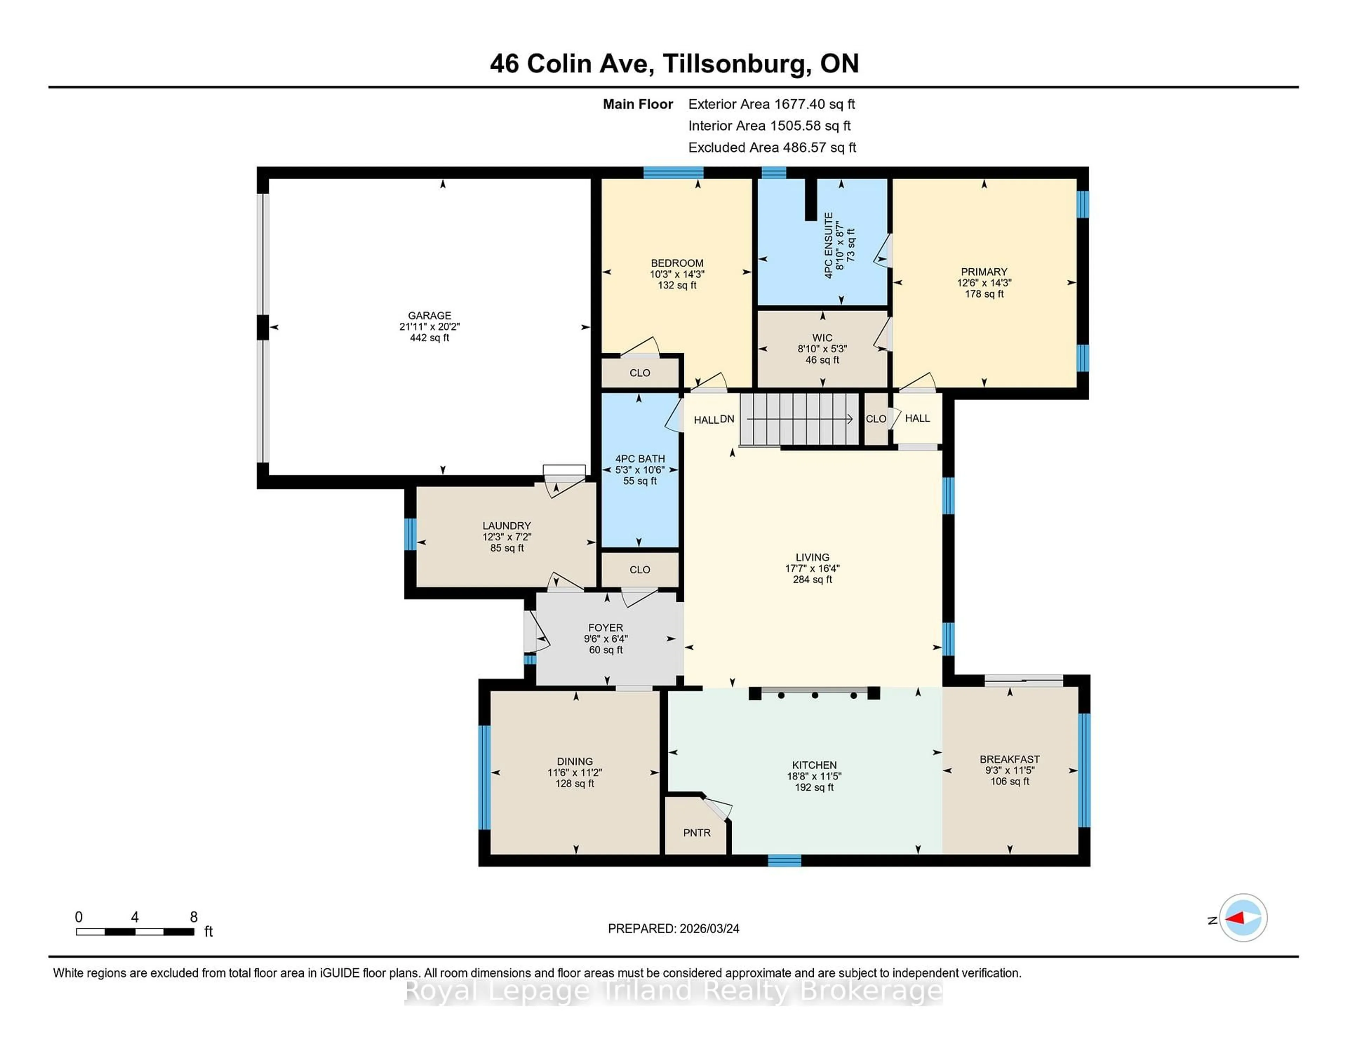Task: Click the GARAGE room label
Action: (x=429, y=315)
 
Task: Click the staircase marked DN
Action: (x=799, y=419)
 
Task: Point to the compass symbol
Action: (x=1243, y=918)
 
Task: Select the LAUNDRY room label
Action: (x=507, y=525)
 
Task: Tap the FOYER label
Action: (x=606, y=627)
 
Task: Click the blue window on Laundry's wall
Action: (x=410, y=534)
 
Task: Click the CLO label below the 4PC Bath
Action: (x=639, y=569)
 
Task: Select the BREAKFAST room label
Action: (x=1010, y=759)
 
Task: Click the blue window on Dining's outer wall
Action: (x=484, y=777)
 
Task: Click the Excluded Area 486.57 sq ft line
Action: (x=772, y=147)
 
